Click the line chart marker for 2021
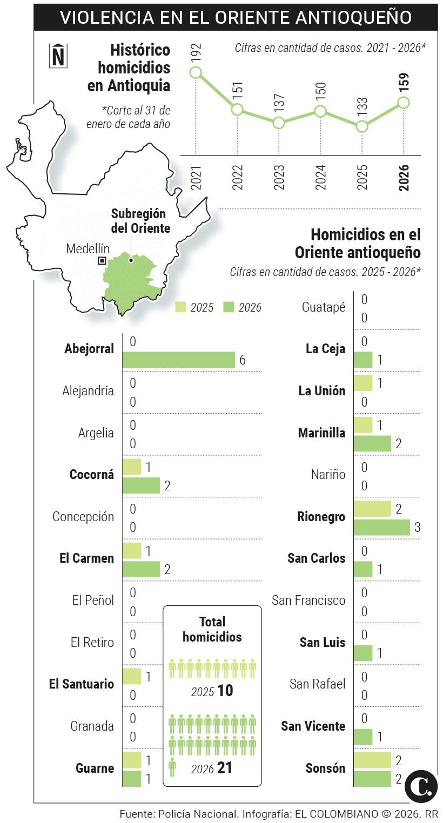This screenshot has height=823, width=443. click(196, 72)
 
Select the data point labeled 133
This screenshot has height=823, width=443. click(362, 127)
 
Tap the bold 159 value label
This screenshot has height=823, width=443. click(404, 83)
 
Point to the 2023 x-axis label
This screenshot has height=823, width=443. click(279, 177)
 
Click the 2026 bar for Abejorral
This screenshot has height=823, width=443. click(178, 360)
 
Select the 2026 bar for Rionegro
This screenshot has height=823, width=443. click(382, 527)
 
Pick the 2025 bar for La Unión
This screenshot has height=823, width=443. click(363, 383)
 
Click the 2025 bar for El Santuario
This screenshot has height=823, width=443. click(132, 676)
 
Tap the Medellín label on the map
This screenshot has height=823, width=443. click(88, 249)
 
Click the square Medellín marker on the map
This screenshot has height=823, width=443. click(102, 261)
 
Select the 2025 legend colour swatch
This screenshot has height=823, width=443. click(180, 307)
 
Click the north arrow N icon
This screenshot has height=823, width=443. click(58, 56)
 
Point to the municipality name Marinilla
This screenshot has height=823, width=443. click(321, 433)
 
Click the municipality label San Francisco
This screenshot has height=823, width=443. click(308, 600)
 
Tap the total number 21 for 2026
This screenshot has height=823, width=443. click(224, 768)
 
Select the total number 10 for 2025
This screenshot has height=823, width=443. click(225, 691)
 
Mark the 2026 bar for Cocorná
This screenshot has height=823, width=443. click(141, 485)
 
